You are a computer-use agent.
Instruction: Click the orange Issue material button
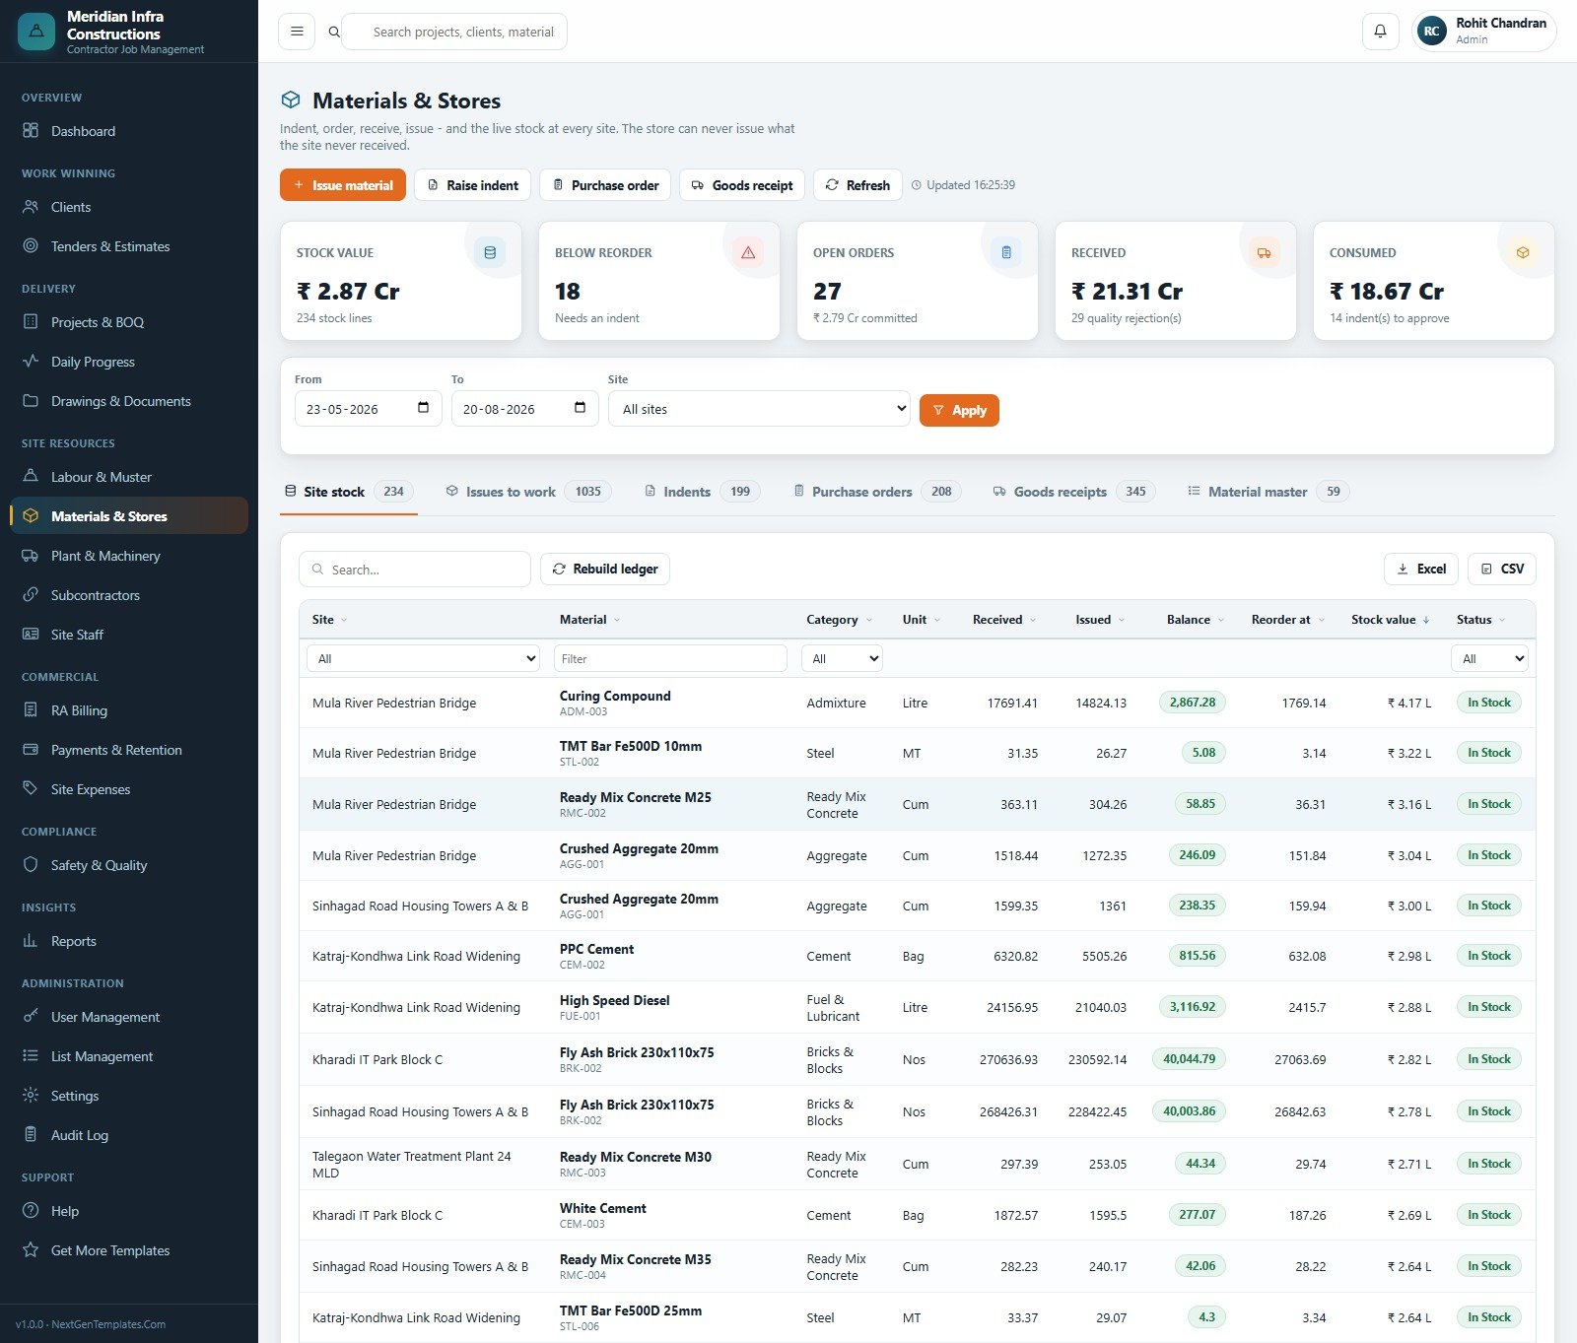coord(342,185)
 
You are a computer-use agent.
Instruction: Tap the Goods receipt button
coord(742,185)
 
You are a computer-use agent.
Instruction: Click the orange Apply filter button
coord(959,410)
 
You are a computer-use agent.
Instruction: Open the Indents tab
coord(703,492)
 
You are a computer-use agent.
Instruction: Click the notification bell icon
coord(1380,32)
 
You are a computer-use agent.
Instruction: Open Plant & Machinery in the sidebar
coord(105,556)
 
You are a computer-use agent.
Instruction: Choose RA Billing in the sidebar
coord(79,710)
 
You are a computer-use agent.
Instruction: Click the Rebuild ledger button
coord(605,569)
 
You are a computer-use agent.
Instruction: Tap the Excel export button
coord(1421,569)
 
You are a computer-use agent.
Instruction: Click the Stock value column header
coord(1384,620)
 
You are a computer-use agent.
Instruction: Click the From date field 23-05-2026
coord(368,409)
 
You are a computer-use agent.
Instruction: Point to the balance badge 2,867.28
coord(1193,703)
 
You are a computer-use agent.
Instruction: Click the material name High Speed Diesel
coord(614,1000)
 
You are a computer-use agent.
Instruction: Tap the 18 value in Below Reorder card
coord(568,292)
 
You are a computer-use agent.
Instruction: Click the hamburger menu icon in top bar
coord(297,32)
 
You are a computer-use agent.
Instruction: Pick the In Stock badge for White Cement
coord(1489,1215)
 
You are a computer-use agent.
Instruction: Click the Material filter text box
coord(670,658)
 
